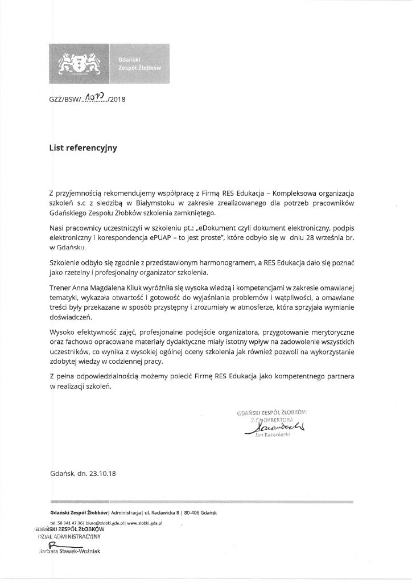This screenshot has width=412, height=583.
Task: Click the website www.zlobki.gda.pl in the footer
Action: tap(145, 522)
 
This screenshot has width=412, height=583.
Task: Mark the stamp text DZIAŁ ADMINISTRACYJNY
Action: tap(68, 536)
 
